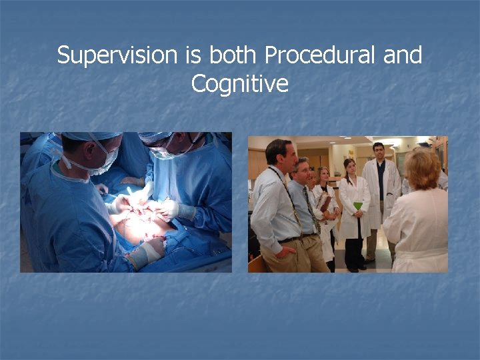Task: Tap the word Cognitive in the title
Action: (x=239, y=84)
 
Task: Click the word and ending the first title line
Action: (x=403, y=55)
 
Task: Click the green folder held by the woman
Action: (x=358, y=205)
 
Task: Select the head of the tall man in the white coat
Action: (x=379, y=151)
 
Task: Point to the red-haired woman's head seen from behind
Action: (x=422, y=170)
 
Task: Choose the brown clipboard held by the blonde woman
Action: (x=325, y=202)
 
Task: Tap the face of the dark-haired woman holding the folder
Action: (x=349, y=167)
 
